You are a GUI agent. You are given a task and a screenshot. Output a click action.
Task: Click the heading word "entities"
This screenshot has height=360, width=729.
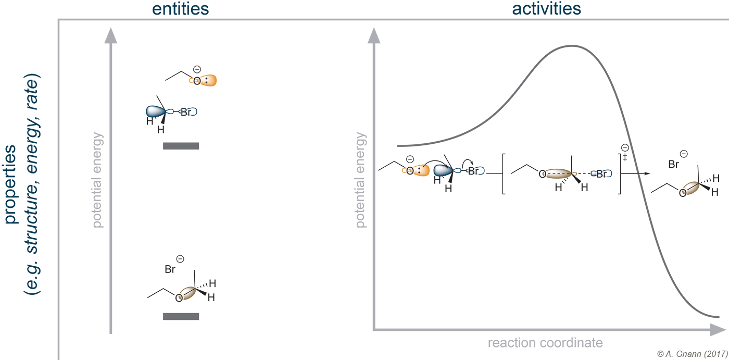[180, 9]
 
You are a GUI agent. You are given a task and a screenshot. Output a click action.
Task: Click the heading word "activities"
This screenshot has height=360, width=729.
[546, 9]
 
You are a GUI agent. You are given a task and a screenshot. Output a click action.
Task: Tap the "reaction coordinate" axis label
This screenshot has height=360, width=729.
[545, 343]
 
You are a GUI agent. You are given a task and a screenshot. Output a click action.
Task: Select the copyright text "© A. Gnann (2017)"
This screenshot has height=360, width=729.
[693, 354]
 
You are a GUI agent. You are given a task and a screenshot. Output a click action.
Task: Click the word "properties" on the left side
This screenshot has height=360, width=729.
[10, 184]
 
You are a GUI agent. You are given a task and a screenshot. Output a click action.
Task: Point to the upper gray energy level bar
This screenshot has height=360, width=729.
[181, 146]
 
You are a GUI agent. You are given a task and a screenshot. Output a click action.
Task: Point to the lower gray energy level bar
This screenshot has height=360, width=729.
[181, 316]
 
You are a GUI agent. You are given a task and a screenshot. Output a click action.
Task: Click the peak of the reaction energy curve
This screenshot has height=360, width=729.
[572, 46]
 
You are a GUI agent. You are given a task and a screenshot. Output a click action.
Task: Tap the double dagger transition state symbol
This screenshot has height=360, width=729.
[625, 157]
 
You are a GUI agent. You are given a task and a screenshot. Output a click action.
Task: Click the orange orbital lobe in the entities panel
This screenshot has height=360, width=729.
[209, 80]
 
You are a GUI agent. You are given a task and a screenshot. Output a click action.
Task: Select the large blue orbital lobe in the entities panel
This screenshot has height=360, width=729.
[156, 111]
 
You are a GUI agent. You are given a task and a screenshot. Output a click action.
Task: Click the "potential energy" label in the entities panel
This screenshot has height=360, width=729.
[97, 180]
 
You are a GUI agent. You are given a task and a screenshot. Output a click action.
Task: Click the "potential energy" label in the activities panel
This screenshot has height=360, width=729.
[360, 180]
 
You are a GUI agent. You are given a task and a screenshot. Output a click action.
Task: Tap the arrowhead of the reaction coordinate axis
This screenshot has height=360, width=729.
[718, 330]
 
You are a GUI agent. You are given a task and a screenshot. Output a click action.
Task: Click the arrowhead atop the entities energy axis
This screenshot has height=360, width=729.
[110, 35]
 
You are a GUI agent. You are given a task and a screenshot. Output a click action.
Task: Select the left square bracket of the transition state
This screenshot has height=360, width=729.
[504, 174]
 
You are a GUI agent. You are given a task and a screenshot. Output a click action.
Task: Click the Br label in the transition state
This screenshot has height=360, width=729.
[601, 174]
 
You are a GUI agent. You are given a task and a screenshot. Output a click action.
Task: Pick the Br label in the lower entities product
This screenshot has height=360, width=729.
[170, 269]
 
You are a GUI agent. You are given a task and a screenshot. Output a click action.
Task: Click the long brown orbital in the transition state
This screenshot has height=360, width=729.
[558, 174]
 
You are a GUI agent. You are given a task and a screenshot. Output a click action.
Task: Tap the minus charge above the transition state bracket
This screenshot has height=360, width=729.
[625, 148]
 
